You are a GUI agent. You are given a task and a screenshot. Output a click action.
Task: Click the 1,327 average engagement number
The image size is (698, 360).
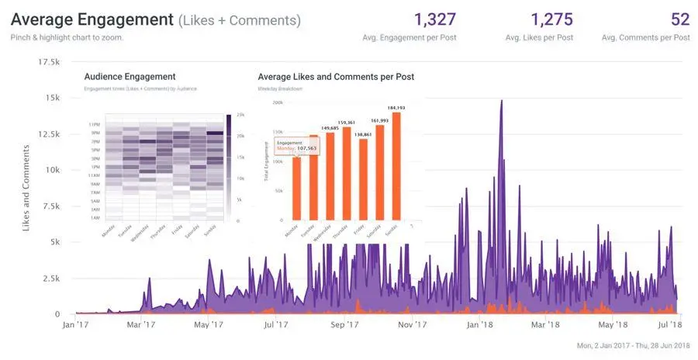(435, 19)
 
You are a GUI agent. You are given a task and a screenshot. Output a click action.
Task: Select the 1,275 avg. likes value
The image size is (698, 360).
(552, 19)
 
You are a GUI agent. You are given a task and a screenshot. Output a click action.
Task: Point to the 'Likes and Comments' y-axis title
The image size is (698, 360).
(26, 188)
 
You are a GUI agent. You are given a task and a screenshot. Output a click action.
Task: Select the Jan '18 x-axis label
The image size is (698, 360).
(482, 325)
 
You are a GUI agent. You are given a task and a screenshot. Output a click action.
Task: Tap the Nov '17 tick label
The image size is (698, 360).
(413, 325)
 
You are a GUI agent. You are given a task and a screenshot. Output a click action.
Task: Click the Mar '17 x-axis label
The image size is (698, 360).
(140, 325)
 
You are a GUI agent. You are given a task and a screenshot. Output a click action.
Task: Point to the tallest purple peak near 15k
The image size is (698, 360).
(502, 102)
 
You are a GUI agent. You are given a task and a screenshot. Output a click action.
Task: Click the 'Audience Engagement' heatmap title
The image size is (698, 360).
(130, 77)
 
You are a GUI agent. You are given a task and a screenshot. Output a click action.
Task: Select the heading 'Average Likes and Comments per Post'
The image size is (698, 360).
(336, 77)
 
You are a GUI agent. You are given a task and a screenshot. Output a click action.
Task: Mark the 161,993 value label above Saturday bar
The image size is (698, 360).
(380, 121)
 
